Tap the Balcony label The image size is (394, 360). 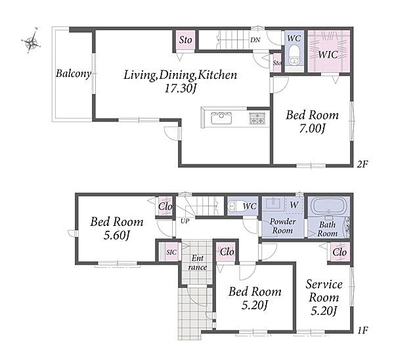[73, 74]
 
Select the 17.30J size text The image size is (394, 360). [180, 89]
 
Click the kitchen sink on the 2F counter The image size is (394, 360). [221, 118]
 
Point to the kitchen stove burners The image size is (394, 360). [257, 118]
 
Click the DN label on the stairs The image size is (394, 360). [255, 39]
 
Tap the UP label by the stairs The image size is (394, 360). [185, 221]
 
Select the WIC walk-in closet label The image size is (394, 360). [328, 55]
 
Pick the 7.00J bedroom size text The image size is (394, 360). [313, 129]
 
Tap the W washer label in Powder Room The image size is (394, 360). [294, 205]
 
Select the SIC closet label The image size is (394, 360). [171, 252]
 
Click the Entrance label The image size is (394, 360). [198, 263]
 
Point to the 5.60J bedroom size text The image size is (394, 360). [117, 235]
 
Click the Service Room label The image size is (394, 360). [324, 291]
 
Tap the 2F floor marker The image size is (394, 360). [362, 164]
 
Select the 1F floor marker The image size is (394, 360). [362, 330]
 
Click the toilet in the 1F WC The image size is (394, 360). [233, 206]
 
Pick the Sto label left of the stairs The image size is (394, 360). [185, 39]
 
